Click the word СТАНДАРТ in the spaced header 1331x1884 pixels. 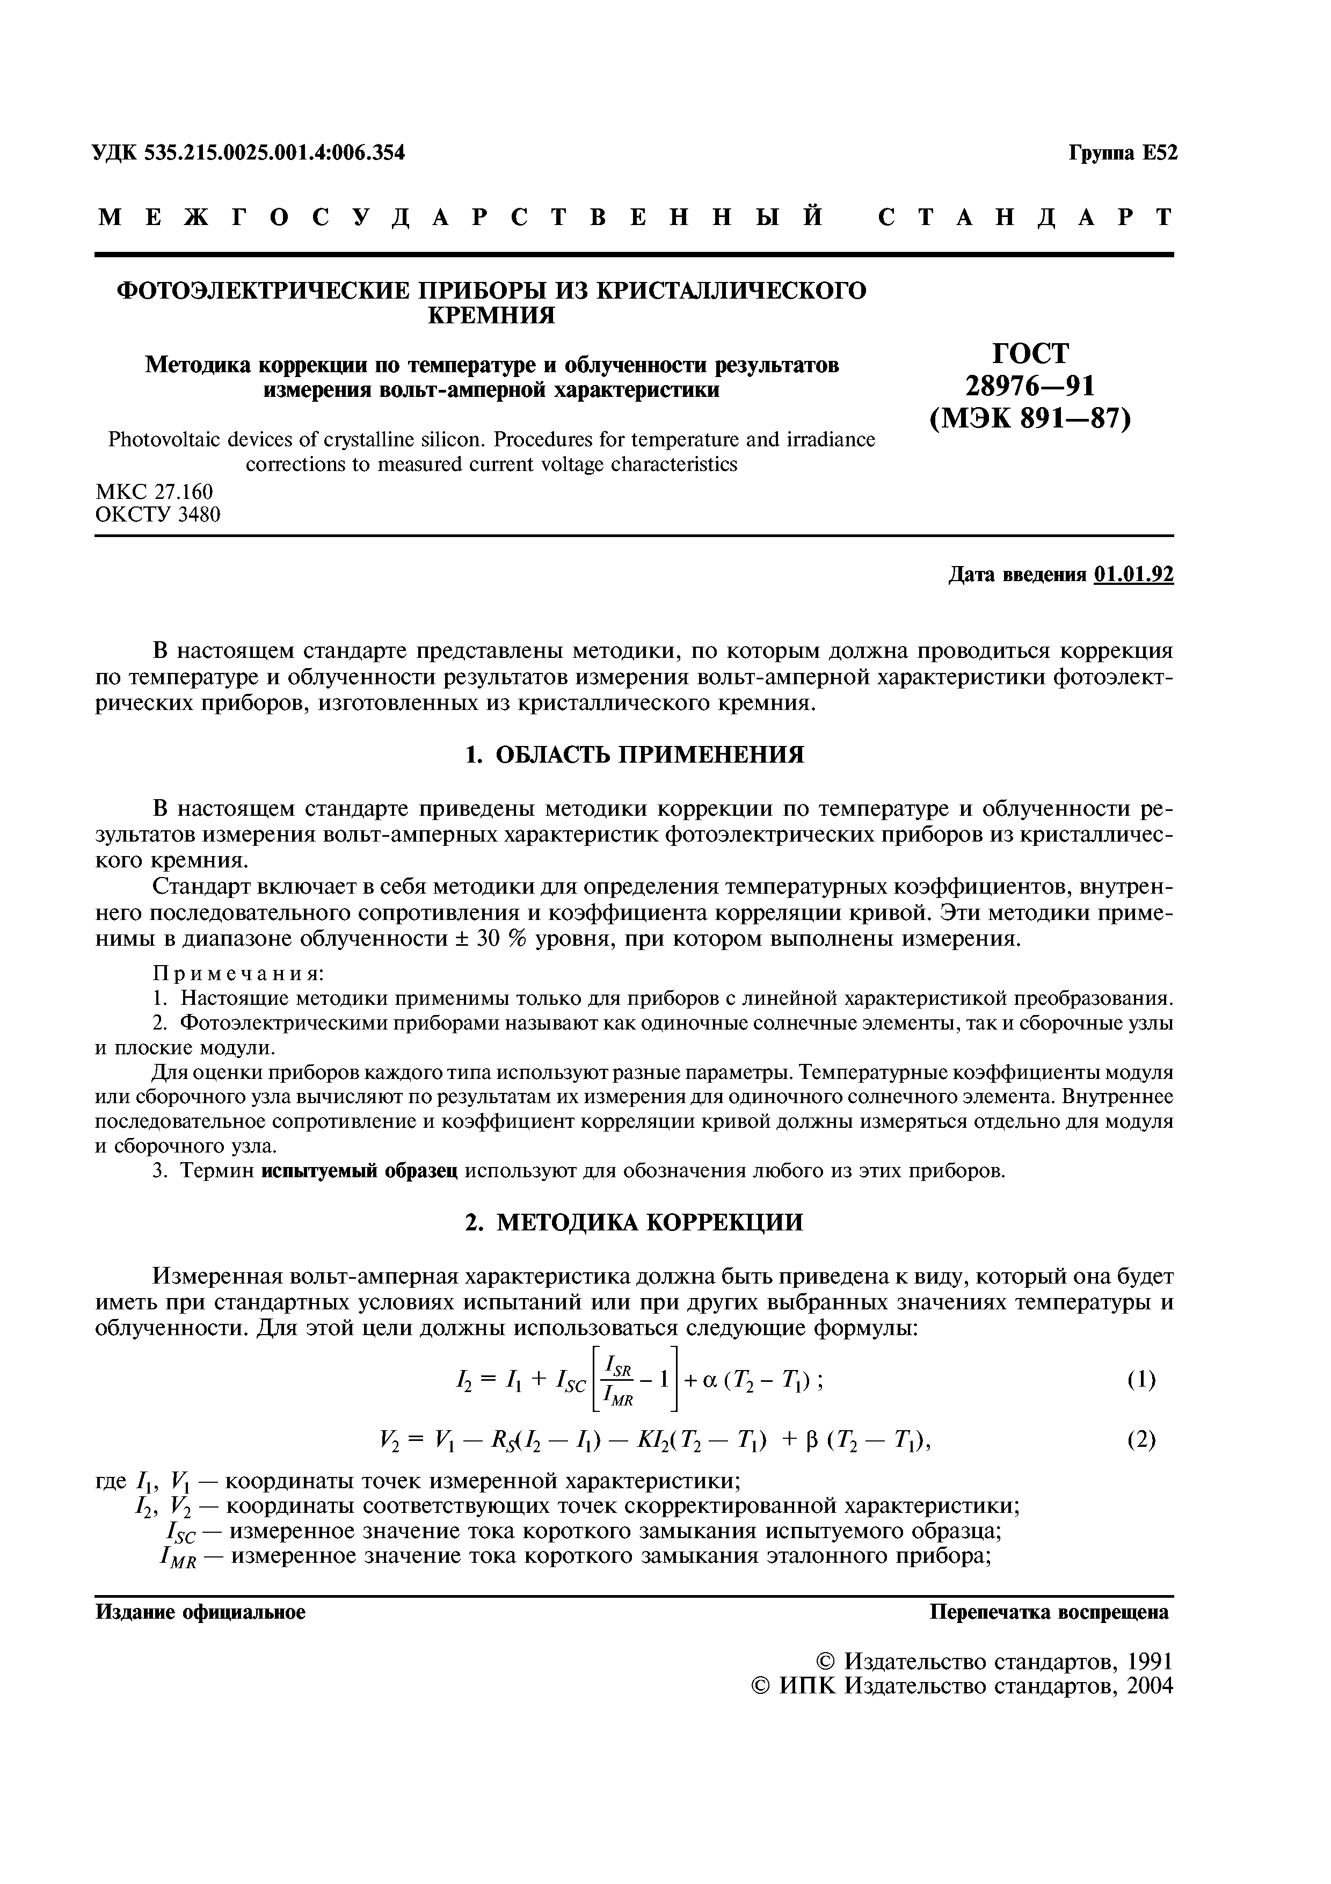1025,218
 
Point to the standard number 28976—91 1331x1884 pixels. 1030,386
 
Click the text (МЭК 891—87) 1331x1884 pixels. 1030,419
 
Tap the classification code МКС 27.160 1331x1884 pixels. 154,491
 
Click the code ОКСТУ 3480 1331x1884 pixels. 158,516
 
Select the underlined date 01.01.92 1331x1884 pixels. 1133,575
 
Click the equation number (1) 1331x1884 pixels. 1141,1380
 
